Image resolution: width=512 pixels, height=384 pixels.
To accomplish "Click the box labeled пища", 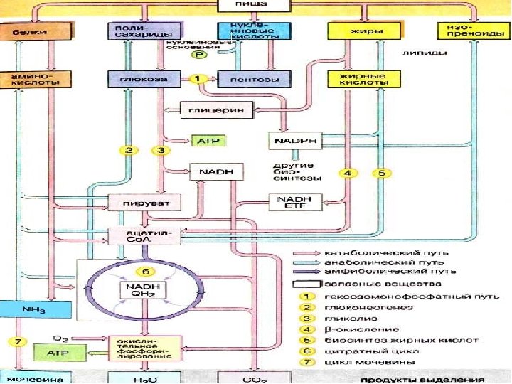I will pyautogui.click(x=255, y=5).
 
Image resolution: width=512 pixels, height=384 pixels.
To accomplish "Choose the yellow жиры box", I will pyautogui.click(x=358, y=31).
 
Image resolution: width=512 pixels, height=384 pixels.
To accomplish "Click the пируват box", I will pyautogui.click(x=144, y=203).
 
